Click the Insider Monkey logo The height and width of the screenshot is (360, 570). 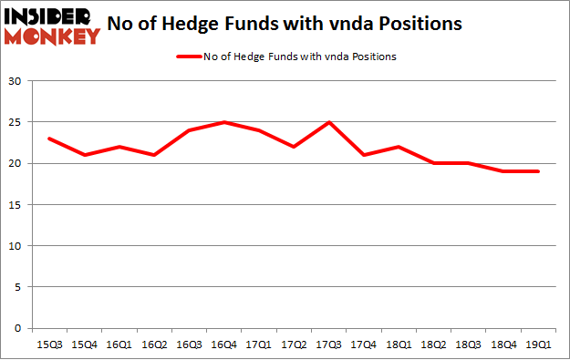[x=52, y=26]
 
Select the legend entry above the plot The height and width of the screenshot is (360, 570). [x=285, y=57]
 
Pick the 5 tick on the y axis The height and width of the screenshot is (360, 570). [x=17, y=287]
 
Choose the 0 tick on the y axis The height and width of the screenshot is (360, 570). [x=17, y=328]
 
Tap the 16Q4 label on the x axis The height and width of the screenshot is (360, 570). [x=224, y=343]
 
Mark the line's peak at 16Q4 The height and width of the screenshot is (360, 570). [x=224, y=122]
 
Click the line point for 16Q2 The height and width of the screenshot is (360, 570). [x=153, y=155]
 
